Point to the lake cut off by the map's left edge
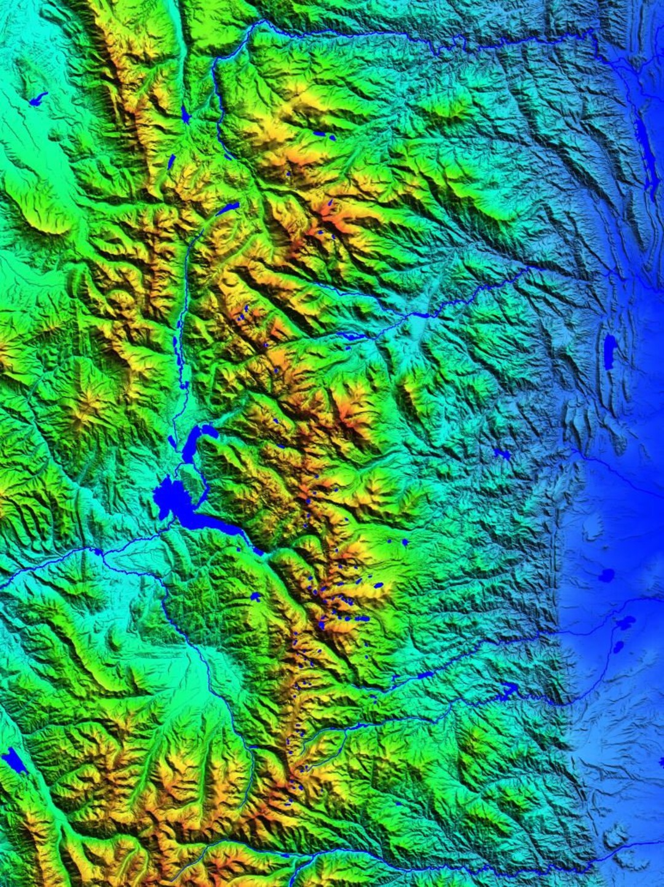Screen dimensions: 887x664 14,760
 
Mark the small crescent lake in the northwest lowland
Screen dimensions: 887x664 38,98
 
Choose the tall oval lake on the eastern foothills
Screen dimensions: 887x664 609,352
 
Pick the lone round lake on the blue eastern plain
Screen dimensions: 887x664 607,575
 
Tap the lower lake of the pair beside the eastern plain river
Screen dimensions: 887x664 618,647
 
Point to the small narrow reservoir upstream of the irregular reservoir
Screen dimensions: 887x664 424,675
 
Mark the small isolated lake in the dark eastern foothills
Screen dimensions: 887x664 502,454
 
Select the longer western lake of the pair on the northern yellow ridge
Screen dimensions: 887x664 320,133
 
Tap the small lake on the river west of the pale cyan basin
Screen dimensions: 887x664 352,336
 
